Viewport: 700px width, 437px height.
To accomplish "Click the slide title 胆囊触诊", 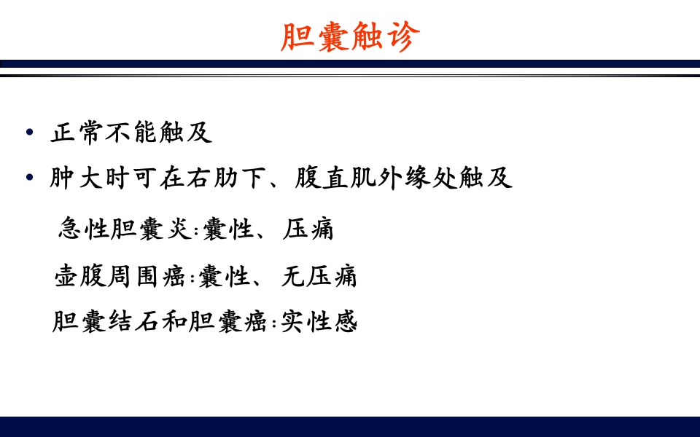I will [x=350, y=37].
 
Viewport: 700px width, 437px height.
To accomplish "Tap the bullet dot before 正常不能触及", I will [x=29, y=133].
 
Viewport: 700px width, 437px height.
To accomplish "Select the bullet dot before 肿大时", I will [x=29, y=178].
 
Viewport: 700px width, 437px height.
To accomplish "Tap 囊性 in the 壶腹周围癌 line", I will [x=223, y=276].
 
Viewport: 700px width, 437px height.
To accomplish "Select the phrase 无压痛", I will [x=319, y=276].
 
